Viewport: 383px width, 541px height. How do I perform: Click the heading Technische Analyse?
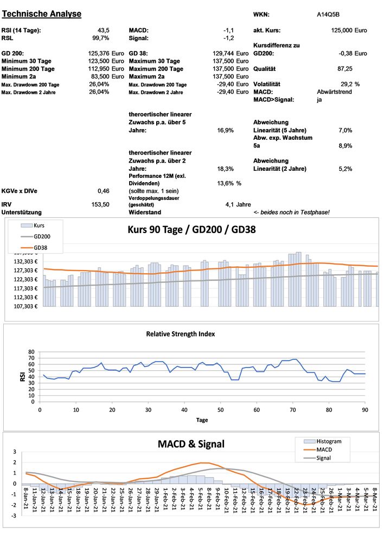point(42,14)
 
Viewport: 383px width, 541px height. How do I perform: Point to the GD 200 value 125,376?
point(98,54)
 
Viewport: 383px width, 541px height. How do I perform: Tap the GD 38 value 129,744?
point(223,54)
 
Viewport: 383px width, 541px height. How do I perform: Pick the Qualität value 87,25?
point(345,69)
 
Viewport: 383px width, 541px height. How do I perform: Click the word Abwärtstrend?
point(334,92)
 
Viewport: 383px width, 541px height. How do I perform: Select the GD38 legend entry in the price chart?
point(41,248)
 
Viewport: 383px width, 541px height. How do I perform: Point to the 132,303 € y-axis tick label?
point(24,261)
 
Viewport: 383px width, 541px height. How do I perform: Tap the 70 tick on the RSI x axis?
point(293,410)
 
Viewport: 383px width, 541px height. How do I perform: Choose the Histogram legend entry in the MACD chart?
point(328,441)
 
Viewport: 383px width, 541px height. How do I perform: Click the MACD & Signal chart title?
point(191,445)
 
